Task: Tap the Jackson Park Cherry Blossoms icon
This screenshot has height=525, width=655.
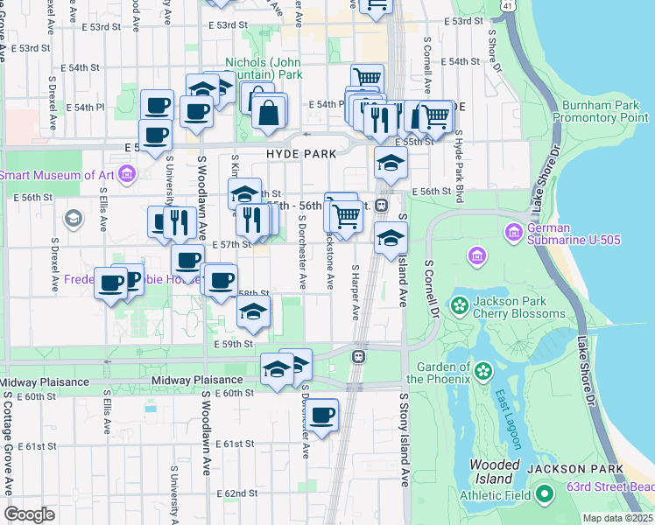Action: point(458,305)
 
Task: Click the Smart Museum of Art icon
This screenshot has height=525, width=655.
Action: point(127,175)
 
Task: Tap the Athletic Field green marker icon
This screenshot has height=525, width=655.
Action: point(545,495)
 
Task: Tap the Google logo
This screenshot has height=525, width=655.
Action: point(29,514)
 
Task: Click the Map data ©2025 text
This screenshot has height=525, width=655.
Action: point(616,518)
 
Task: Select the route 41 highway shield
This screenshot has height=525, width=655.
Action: point(509,5)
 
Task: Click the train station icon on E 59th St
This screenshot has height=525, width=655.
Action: point(358,356)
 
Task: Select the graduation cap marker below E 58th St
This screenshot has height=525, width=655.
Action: point(253,311)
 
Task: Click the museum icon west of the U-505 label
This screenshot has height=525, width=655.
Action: point(477,255)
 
